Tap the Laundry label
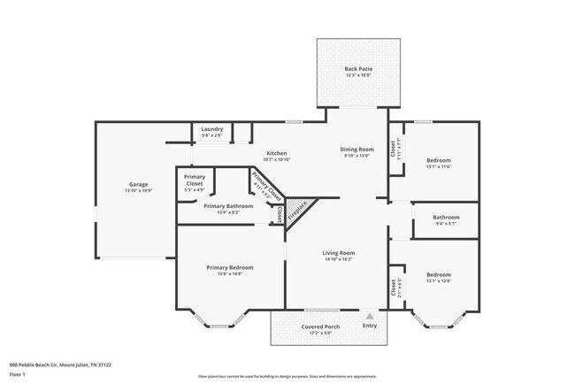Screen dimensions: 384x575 click(211, 129)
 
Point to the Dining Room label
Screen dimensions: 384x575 click(357, 150)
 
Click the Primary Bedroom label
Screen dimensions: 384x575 click(230, 267)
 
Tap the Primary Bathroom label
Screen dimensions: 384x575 click(228, 206)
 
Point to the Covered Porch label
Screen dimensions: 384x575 click(320, 326)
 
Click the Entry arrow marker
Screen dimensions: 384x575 click(370, 315)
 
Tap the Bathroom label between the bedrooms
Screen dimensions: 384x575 click(446, 218)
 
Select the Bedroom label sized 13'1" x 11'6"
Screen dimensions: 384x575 click(440, 161)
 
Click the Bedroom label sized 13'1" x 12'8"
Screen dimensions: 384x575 click(440, 274)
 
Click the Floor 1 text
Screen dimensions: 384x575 click(19, 374)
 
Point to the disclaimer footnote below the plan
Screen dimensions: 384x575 click(287, 377)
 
